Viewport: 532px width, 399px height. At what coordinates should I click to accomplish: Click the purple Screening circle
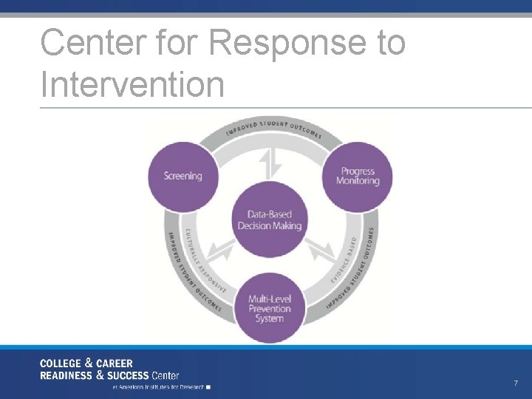click(183, 176)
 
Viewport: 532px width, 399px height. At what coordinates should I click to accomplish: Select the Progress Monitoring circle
click(358, 177)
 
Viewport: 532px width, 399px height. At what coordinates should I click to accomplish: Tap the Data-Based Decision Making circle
click(270, 220)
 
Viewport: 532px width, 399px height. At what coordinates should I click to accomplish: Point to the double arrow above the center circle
click(270, 163)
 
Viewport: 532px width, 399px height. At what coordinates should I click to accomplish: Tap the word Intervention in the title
click(133, 83)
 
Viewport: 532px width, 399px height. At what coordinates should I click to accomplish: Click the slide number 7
click(516, 383)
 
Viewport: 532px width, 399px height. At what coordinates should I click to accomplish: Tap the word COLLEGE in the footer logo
click(61, 364)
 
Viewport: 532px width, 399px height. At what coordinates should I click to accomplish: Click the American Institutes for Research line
click(158, 386)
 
